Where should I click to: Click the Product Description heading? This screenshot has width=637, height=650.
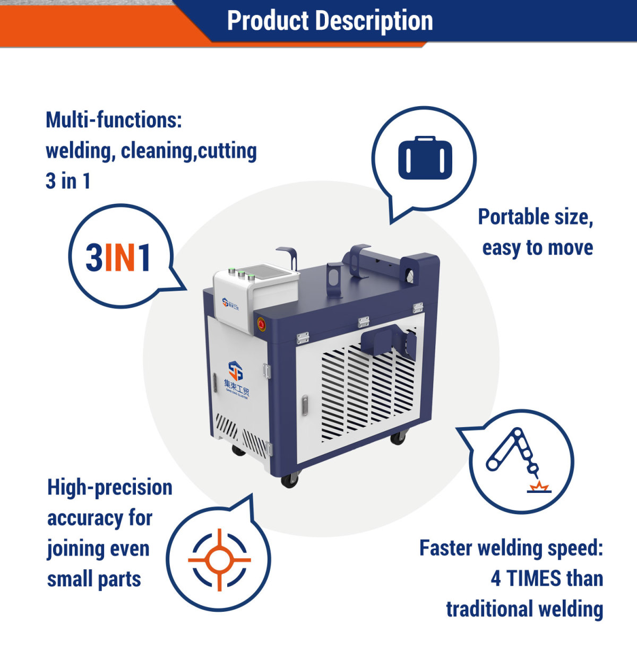click(x=330, y=21)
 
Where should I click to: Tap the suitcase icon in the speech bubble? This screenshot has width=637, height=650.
click(x=425, y=158)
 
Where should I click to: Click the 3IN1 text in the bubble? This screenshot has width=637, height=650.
click(x=118, y=258)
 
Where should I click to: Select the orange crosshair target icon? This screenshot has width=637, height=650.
click(x=219, y=559)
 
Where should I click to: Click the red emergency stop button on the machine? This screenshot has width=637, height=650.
click(x=261, y=323)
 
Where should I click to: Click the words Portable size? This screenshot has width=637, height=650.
click(x=535, y=217)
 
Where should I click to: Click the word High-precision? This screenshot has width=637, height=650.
click(x=110, y=487)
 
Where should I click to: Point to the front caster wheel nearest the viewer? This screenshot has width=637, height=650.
click(x=289, y=480)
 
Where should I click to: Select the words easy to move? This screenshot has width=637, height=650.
click(x=537, y=248)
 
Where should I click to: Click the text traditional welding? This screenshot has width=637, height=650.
click(x=524, y=609)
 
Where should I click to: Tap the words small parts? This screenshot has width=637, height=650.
click(x=94, y=579)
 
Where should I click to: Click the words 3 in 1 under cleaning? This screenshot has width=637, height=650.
click(x=68, y=181)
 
